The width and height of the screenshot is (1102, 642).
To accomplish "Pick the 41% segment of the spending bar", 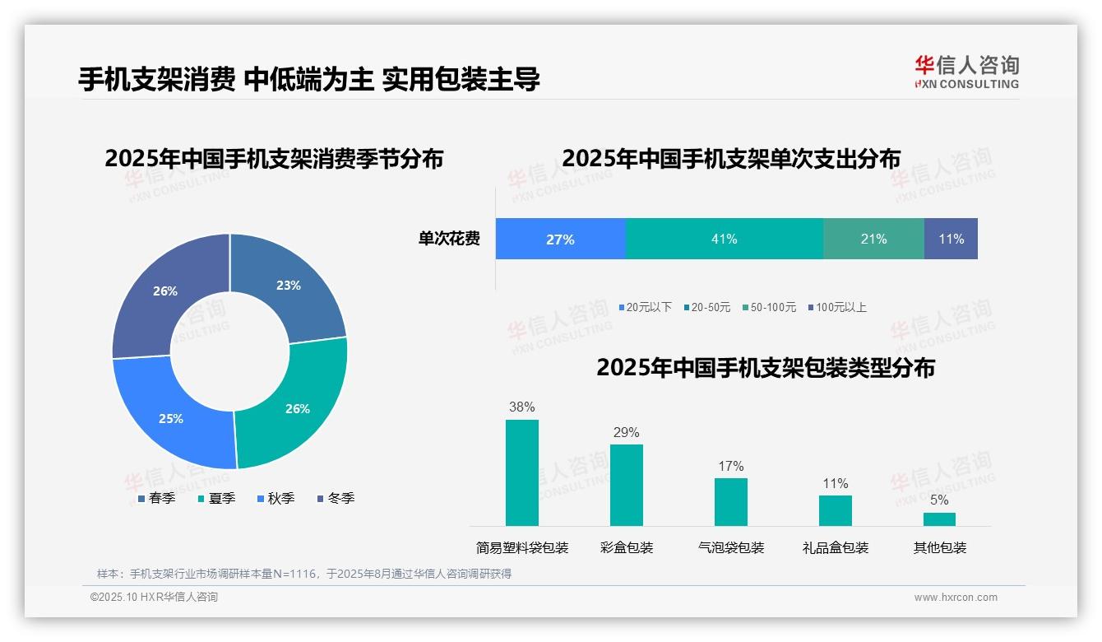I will coord(724,239).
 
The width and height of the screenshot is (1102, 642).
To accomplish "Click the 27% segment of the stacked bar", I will coord(560,239).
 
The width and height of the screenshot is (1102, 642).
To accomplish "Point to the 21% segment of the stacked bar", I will coord(873,239).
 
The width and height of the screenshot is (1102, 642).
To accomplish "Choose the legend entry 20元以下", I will coord(646,307).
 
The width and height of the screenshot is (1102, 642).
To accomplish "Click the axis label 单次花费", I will coord(449,239).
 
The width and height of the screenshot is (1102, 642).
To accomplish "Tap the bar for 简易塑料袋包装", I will coord(521,472).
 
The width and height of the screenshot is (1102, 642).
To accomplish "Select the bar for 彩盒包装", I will coord(626,485).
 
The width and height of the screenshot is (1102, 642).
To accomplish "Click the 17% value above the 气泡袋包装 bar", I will coord(730,466).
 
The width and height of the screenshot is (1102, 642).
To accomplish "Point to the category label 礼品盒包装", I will coord(835,547).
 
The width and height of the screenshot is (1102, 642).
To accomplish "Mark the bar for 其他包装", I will coord(939,519).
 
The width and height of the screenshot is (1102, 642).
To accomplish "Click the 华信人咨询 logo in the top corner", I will coord(966,72).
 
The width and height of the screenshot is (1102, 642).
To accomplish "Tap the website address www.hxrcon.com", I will coord(955,598).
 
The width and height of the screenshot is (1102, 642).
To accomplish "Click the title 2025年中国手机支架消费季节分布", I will coord(274,158).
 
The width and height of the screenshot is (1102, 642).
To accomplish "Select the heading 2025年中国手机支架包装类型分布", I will coord(765,367).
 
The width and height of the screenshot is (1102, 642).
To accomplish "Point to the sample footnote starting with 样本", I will coord(304,574).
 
